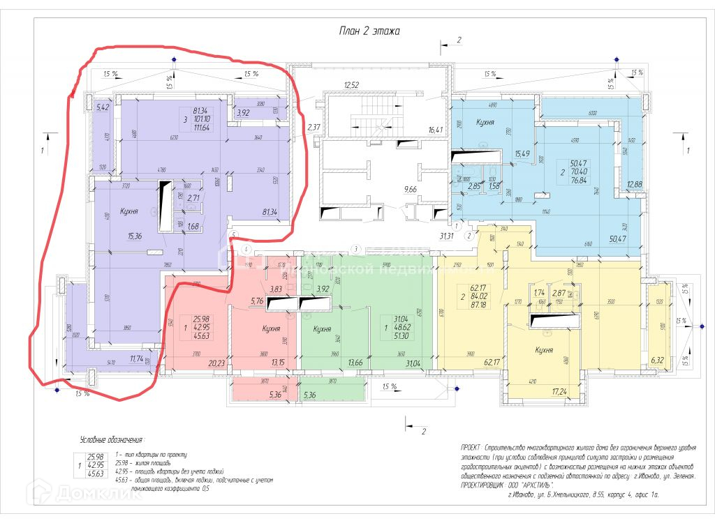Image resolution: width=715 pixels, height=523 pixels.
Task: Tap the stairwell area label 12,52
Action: pyautogui.click(x=351, y=86)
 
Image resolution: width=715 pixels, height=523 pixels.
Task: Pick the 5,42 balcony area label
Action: pyautogui.click(x=103, y=107)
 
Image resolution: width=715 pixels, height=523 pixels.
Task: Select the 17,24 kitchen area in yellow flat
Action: pyautogui.click(x=560, y=393)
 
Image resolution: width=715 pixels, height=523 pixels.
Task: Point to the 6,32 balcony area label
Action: pyautogui.click(x=656, y=360)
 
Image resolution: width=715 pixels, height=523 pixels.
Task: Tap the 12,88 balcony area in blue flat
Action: pyautogui.click(x=634, y=184)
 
